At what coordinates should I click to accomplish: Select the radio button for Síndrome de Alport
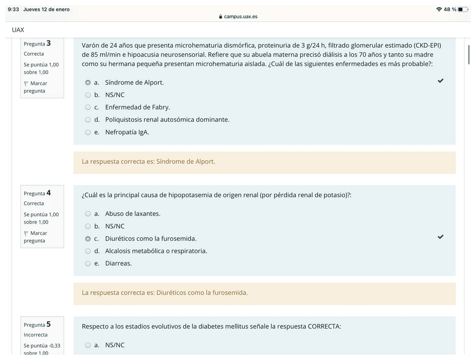click(88, 83)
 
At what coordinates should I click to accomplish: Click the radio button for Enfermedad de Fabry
click(88, 107)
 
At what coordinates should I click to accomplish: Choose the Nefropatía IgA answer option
click(88, 132)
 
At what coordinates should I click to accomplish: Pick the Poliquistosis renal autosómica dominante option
click(88, 120)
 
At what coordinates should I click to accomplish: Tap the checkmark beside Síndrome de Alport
click(441, 81)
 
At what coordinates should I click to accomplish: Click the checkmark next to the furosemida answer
click(441, 237)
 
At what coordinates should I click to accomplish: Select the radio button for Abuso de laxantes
click(88, 214)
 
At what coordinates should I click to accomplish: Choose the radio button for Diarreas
click(88, 263)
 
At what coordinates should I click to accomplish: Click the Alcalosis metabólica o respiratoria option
click(88, 251)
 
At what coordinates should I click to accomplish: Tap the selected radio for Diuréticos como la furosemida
click(88, 239)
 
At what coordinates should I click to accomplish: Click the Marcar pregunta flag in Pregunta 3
click(26, 84)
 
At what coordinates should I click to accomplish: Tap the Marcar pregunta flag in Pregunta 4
click(26, 234)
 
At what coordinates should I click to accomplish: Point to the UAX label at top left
click(18, 30)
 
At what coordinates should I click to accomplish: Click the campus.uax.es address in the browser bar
click(240, 17)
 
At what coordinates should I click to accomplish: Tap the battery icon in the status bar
click(463, 10)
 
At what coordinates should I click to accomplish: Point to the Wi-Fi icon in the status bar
click(438, 10)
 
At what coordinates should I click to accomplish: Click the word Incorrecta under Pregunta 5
click(35, 335)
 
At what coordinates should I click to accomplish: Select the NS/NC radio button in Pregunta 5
click(88, 345)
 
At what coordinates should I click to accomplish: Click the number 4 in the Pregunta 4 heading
click(49, 193)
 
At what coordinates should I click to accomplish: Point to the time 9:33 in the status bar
click(13, 10)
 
